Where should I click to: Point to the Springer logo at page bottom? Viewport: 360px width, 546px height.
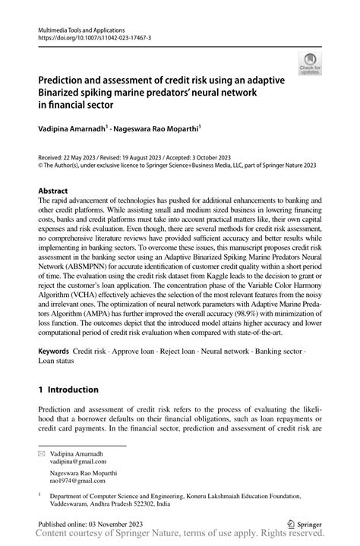304,524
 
